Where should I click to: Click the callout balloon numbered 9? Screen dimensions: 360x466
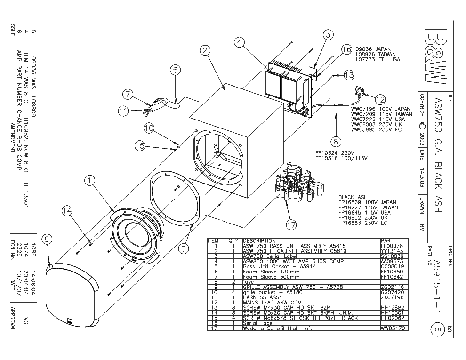(x=47, y=240)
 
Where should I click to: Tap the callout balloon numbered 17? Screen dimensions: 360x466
(x=291, y=225)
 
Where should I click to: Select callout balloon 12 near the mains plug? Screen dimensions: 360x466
(x=380, y=99)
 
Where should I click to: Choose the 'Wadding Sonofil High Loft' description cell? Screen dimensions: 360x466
(x=277, y=328)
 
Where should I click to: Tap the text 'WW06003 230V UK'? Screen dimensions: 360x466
(x=376, y=124)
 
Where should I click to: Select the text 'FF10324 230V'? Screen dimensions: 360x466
(x=334, y=153)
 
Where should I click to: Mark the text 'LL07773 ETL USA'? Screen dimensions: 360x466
(x=376, y=60)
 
